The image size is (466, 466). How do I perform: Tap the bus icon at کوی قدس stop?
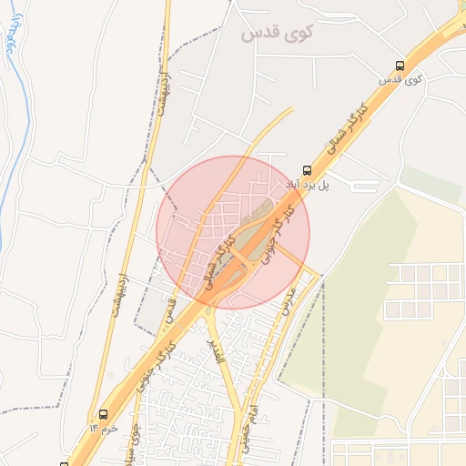[400, 66]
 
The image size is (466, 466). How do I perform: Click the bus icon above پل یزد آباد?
[306, 169]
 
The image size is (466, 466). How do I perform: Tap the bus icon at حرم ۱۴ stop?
[103, 413]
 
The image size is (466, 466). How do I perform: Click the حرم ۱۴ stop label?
[105, 427]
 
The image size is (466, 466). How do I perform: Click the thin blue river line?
[8, 182]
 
